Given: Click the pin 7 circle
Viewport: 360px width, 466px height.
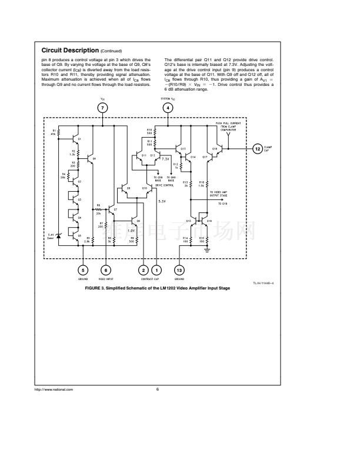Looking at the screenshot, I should (x=103, y=108).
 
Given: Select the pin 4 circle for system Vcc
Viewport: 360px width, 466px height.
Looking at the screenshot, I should (x=168, y=108).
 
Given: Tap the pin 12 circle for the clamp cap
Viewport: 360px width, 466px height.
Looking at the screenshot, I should (x=257, y=149).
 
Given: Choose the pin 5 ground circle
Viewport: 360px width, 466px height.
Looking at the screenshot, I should (x=82, y=269).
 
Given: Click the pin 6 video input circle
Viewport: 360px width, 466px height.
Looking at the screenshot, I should (x=106, y=269).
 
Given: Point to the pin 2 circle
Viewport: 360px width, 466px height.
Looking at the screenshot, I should (x=144, y=269).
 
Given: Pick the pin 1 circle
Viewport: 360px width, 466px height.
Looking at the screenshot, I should (x=157, y=269).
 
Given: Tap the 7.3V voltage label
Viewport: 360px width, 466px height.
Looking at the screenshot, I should (x=165, y=159).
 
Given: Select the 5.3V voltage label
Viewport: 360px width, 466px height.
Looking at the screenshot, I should (x=163, y=201).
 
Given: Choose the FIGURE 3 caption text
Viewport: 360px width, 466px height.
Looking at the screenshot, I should (x=158, y=289).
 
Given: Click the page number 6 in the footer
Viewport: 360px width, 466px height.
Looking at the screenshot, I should (x=158, y=390).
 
